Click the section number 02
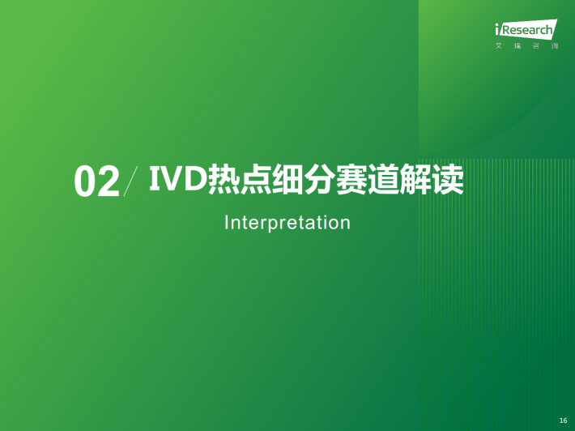97,182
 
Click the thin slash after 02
130,181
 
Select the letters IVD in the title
177,178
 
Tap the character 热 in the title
223,180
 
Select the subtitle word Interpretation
287,223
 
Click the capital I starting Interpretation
227,222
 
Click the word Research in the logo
527,30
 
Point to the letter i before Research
497,29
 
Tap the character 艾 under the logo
499,46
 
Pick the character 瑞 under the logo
517,46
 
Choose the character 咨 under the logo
536,46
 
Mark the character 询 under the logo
555,46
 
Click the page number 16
564,420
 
